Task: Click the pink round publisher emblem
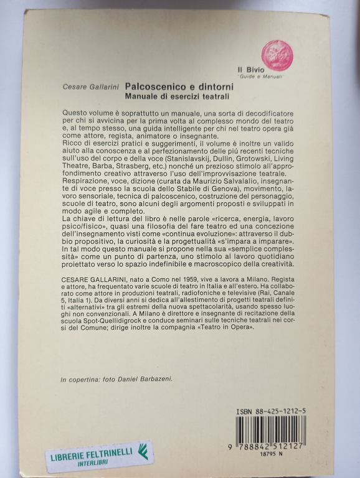(277, 54)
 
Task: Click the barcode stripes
(271, 430)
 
